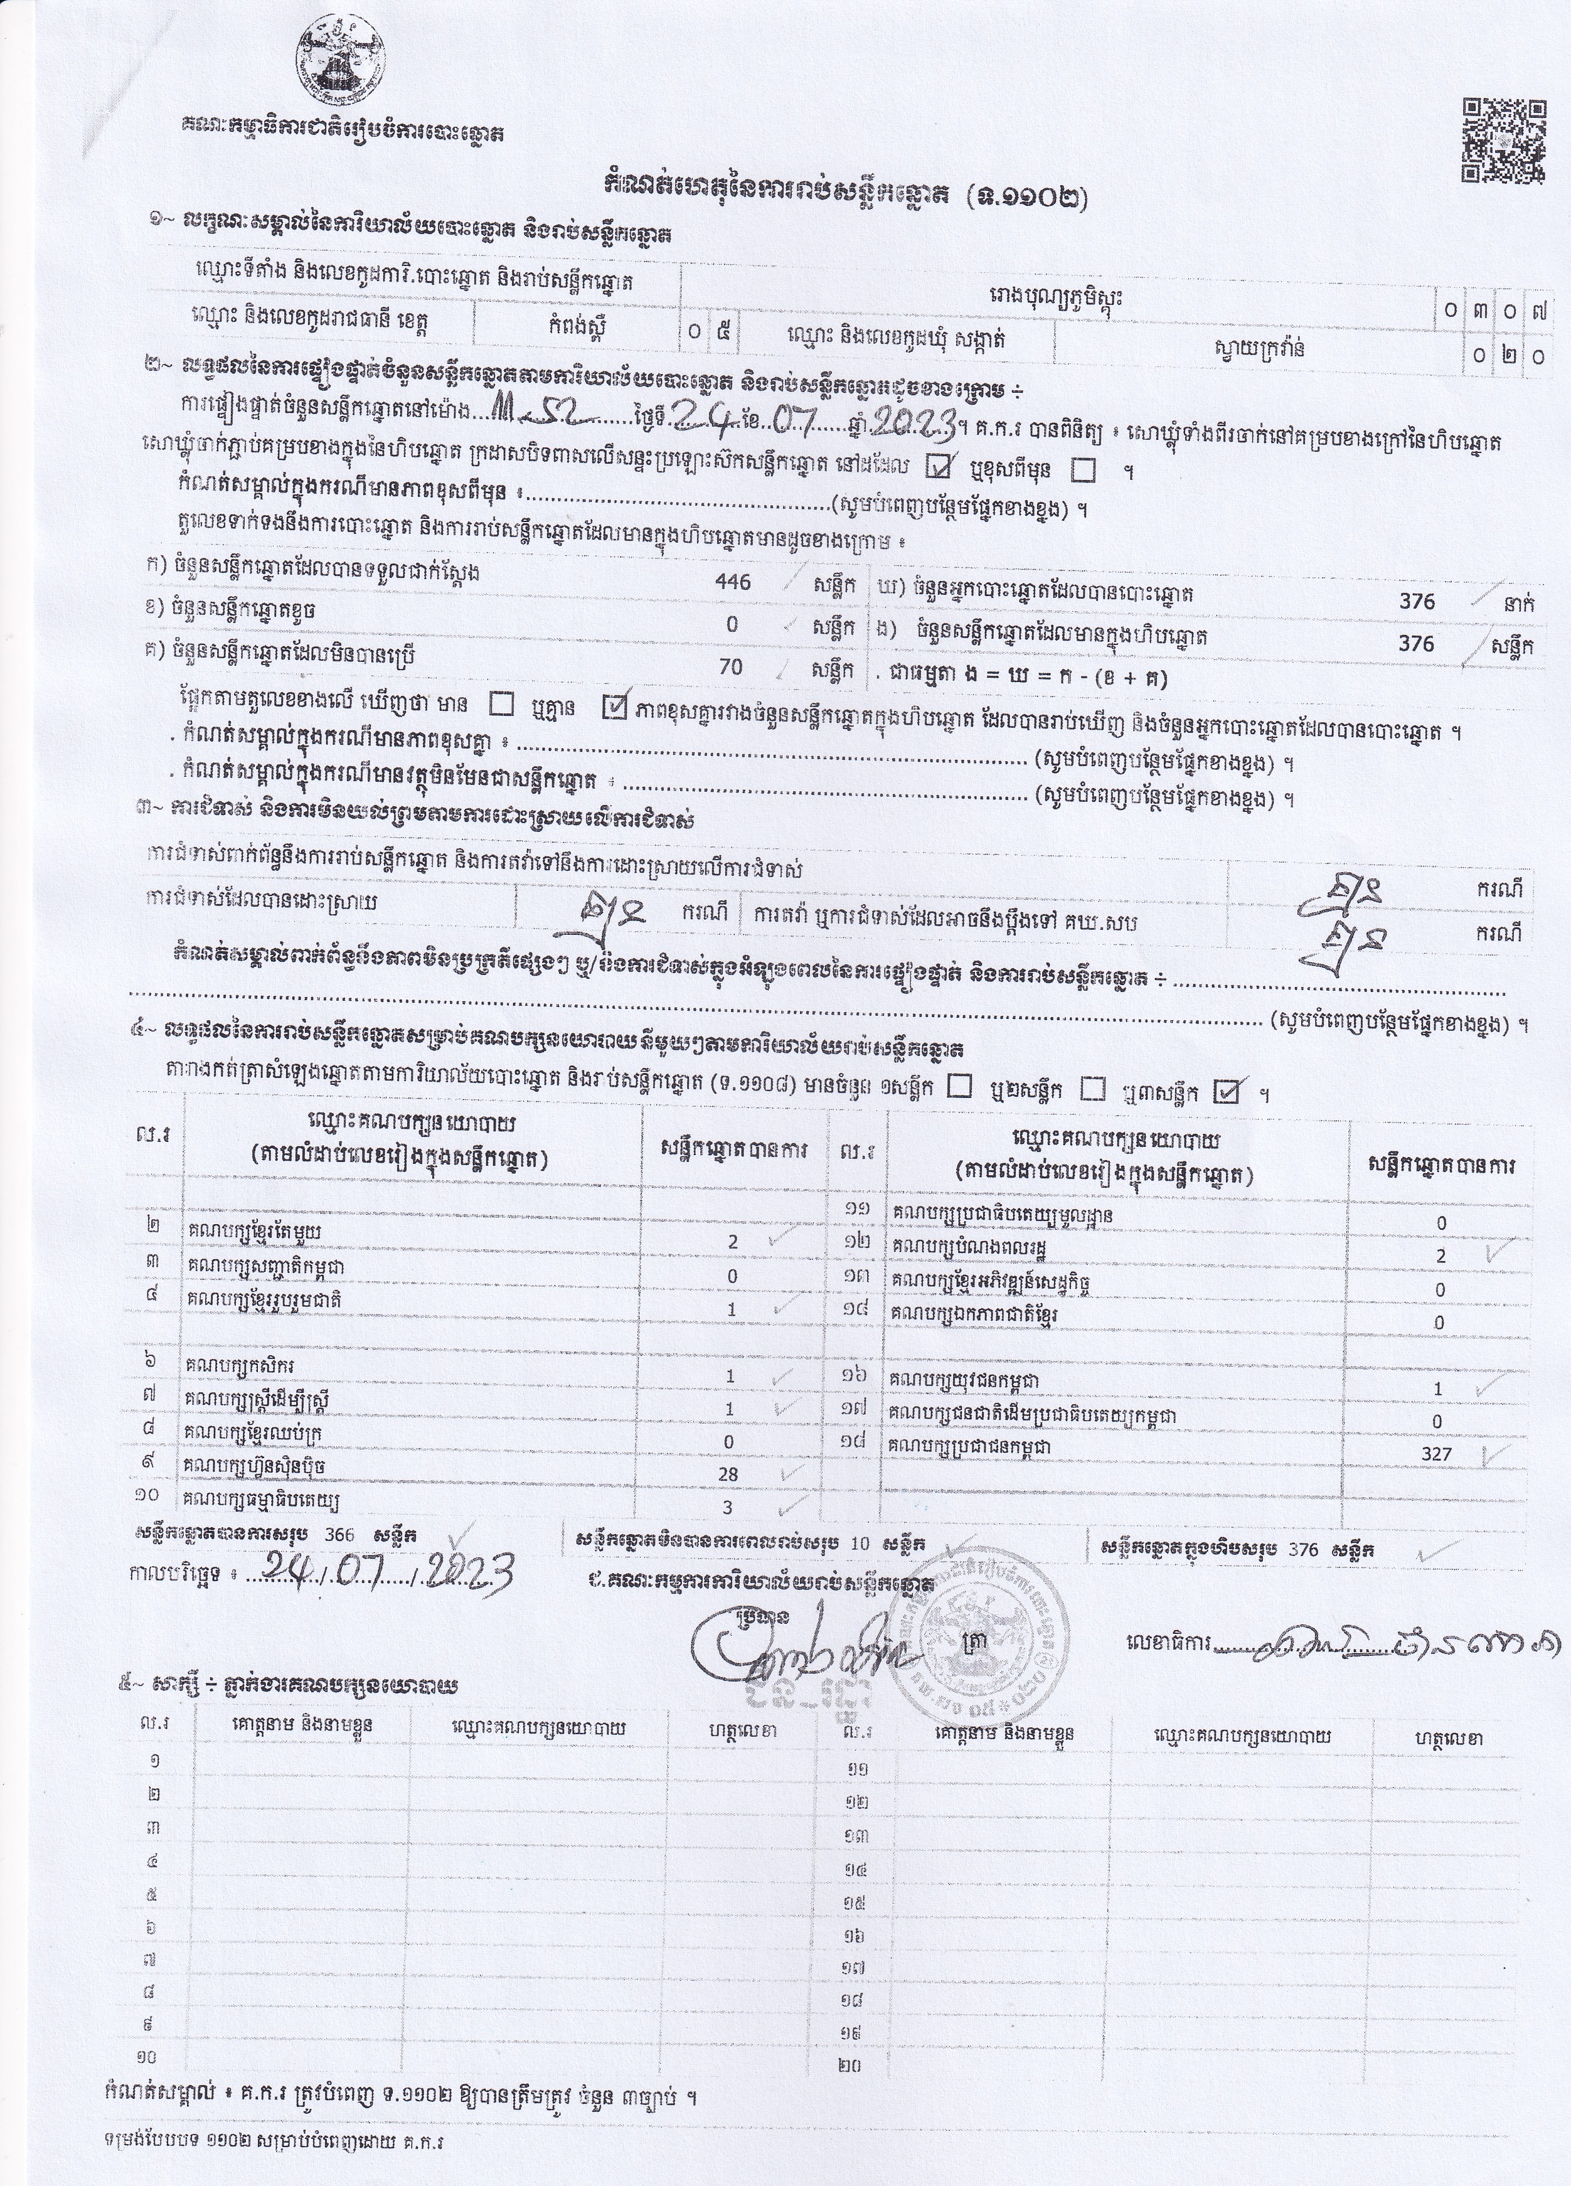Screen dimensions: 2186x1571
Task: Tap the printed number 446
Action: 733,581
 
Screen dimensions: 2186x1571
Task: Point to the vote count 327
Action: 1436,1454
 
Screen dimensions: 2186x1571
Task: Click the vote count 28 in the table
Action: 728,1474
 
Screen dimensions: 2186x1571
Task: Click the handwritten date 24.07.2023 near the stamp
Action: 381,1575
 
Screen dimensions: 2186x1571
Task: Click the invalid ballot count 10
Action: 860,1543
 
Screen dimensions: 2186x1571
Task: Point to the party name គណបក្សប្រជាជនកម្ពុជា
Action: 971,1447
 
